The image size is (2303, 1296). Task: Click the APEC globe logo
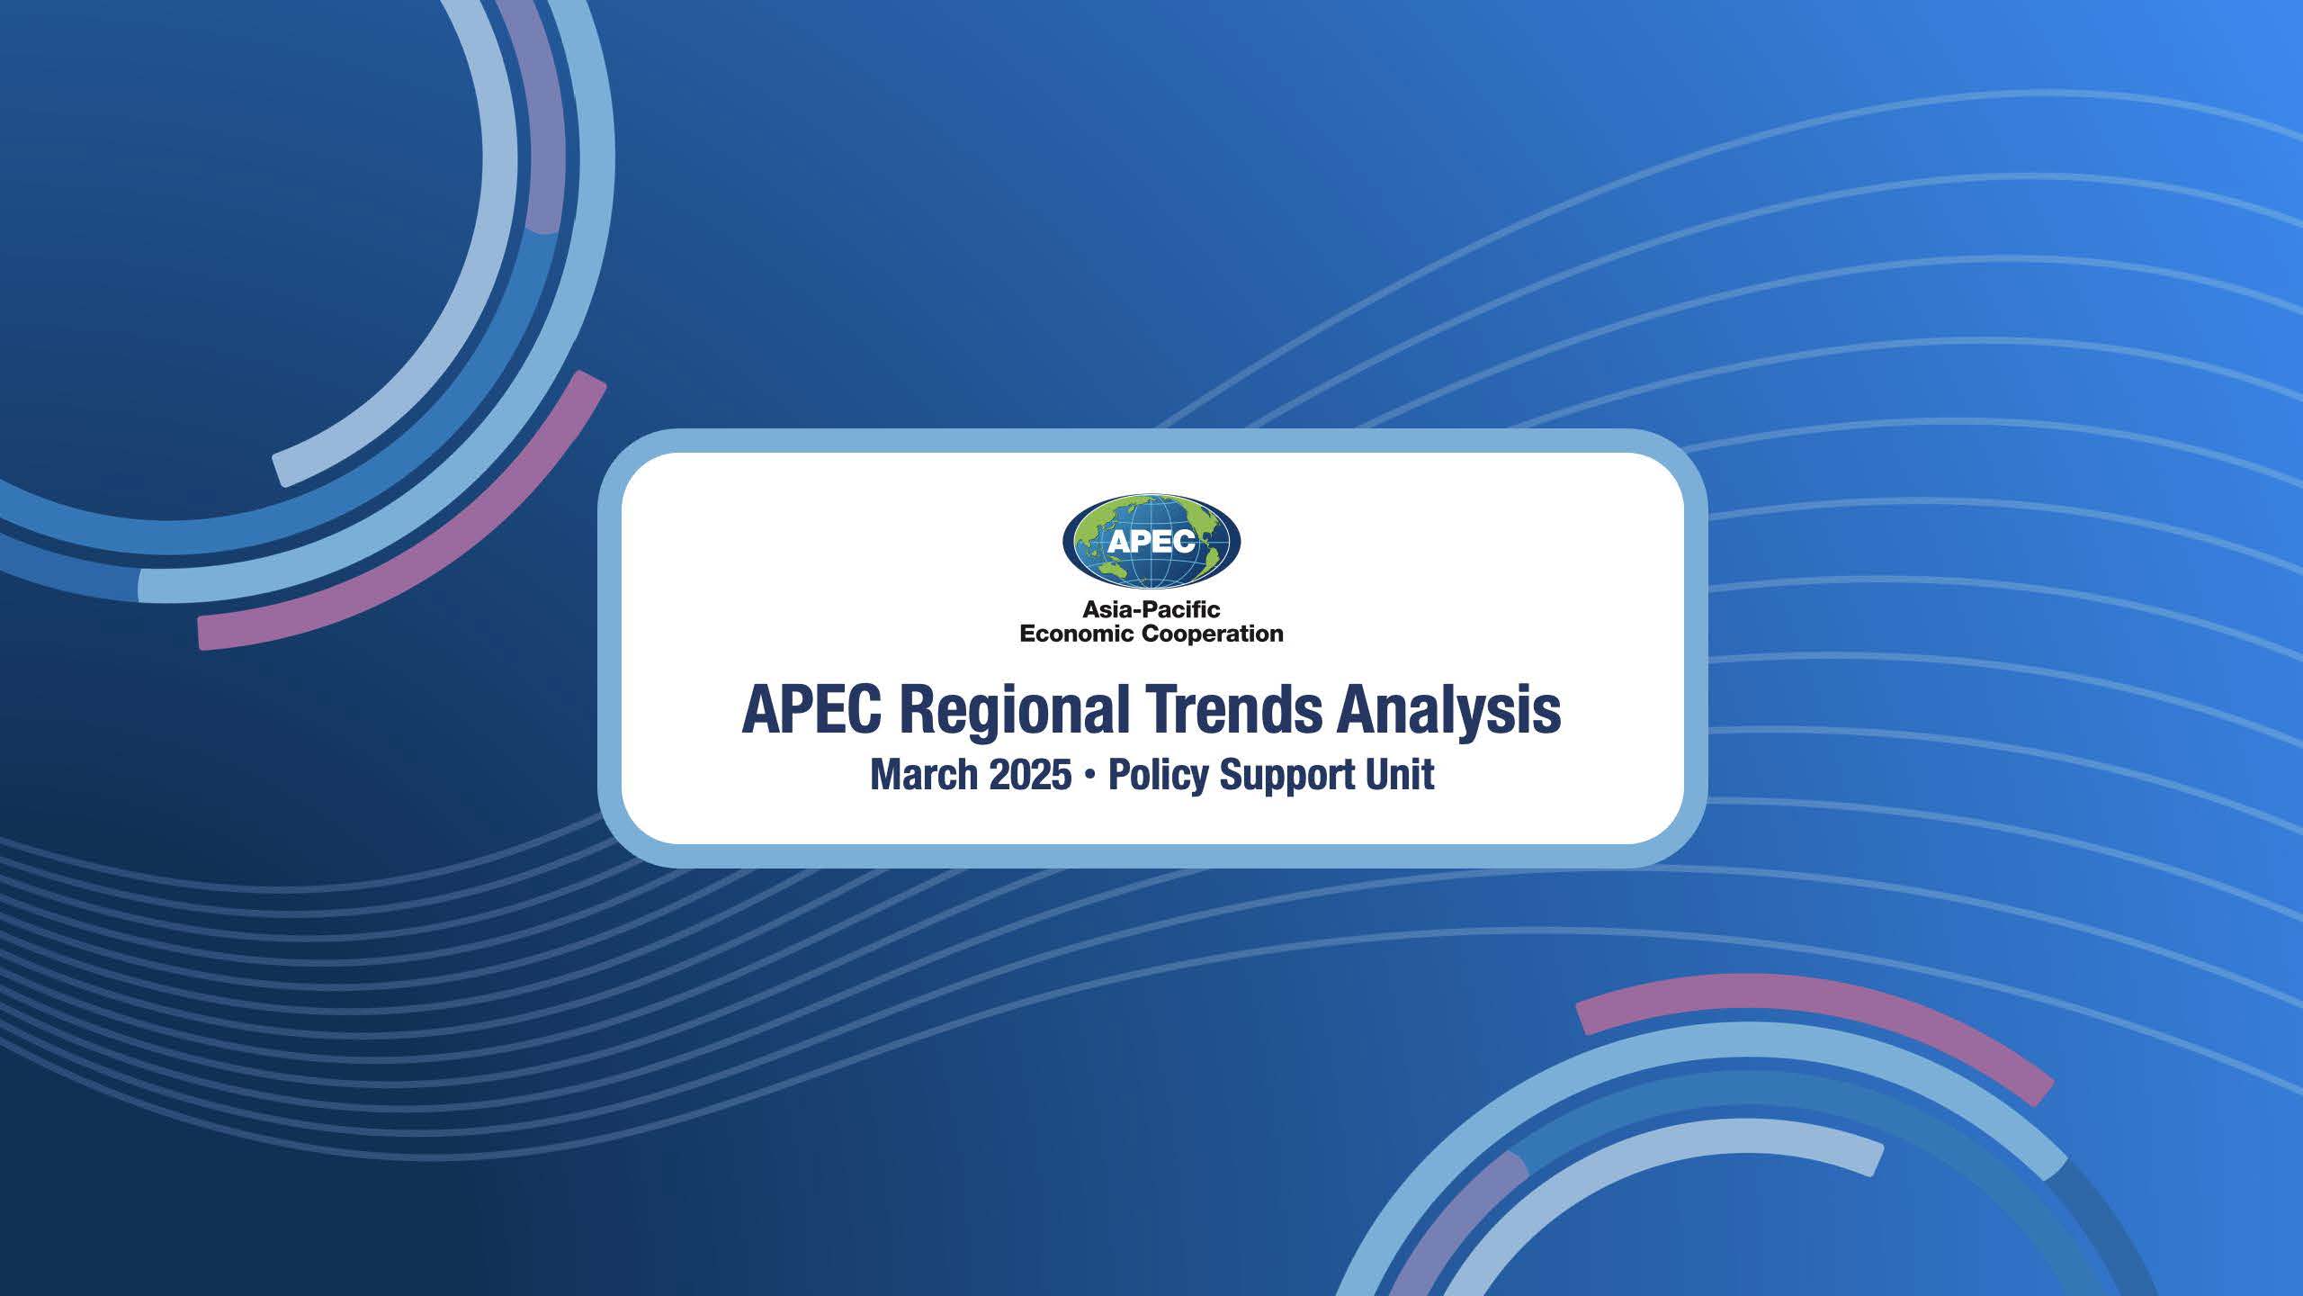coord(1151,540)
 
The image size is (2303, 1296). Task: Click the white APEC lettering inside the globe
coord(1151,540)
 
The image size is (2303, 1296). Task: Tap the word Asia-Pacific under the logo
coord(1151,610)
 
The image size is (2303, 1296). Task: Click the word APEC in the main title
coord(811,711)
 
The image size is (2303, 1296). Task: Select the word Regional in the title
coord(1014,711)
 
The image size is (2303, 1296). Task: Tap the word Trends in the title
coord(1233,711)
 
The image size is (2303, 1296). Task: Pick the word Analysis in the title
coord(1448,711)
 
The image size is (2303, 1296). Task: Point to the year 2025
coord(1030,775)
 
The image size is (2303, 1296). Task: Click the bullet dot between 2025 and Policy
coord(1089,776)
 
